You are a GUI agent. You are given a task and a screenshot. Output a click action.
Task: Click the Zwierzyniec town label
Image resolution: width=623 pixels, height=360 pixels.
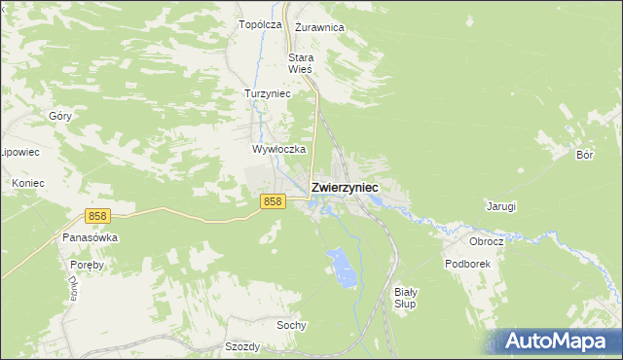pyautogui.click(x=345, y=187)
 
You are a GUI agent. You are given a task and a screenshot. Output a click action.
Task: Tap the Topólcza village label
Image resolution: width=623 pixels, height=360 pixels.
pyautogui.click(x=260, y=24)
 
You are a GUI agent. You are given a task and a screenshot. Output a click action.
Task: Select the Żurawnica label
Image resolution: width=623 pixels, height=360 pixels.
pyautogui.click(x=319, y=27)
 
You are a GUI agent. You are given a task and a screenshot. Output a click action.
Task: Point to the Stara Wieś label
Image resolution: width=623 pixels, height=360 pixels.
pyautogui.click(x=301, y=63)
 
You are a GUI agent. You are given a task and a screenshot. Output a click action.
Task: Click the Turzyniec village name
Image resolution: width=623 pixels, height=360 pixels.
pyautogui.click(x=267, y=93)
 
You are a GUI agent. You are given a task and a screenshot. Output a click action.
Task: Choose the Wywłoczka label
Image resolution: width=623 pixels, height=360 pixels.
pyautogui.click(x=279, y=150)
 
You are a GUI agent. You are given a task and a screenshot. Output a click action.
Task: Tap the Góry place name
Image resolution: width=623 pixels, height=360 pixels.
pyautogui.click(x=60, y=116)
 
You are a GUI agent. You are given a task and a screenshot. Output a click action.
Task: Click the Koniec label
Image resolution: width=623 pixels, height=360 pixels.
pyautogui.click(x=27, y=183)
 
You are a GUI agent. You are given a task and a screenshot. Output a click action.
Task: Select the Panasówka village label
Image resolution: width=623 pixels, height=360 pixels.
pyautogui.click(x=90, y=237)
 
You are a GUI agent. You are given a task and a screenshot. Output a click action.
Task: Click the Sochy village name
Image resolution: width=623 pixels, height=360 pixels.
pyautogui.click(x=291, y=325)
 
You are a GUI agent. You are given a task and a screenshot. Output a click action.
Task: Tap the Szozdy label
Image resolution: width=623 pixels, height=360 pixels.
pyautogui.click(x=242, y=346)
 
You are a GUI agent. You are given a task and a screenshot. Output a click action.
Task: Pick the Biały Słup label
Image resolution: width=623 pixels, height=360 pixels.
pyautogui.click(x=406, y=298)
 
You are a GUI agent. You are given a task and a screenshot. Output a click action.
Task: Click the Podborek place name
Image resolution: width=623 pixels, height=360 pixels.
pyautogui.click(x=466, y=264)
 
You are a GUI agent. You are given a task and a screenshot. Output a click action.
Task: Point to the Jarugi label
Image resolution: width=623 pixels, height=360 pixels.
pyautogui.click(x=500, y=206)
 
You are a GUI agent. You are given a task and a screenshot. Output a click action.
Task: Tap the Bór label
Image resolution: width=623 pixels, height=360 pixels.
pyautogui.click(x=584, y=155)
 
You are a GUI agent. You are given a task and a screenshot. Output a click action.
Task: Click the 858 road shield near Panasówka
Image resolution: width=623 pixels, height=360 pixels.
pyautogui.click(x=95, y=216)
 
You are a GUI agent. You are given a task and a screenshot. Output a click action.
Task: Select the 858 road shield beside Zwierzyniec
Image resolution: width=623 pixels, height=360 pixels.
pyautogui.click(x=273, y=201)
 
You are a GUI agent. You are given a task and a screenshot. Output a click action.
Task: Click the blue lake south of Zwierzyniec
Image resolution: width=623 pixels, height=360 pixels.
pyautogui.click(x=340, y=265)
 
